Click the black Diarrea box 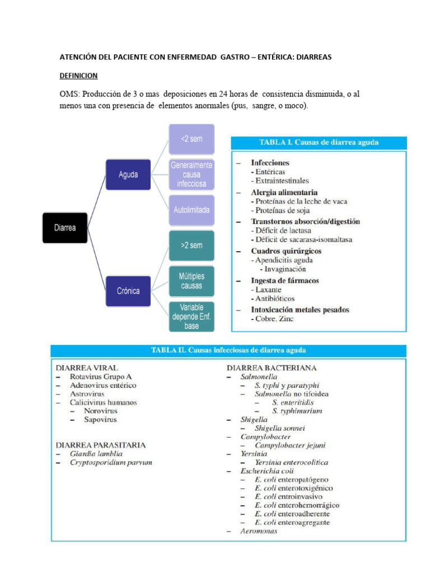pyautogui.click(x=65, y=228)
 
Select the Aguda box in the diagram pyautogui.click(x=128, y=175)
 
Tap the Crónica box pyautogui.click(x=128, y=291)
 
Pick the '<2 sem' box pyautogui.click(x=191, y=139)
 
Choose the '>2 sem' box pyautogui.click(x=191, y=245)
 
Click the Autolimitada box pyautogui.click(x=191, y=210)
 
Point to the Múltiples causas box pyautogui.click(x=191, y=281)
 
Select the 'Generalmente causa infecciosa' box pyautogui.click(x=191, y=175)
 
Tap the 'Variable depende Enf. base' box pyautogui.click(x=191, y=316)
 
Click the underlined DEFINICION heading pyautogui.click(x=78, y=76)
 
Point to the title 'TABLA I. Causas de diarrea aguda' pyautogui.click(x=319, y=143)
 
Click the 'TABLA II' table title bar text pyautogui.click(x=228, y=351)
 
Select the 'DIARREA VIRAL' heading pyautogui.click(x=87, y=368)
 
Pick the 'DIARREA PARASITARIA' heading pyautogui.click(x=101, y=445)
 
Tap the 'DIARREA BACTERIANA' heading pyautogui.click(x=272, y=368)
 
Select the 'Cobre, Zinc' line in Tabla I pyautogui.click(x=272, y=319)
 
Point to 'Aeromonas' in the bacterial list pyautogui.click(x=259, y=531)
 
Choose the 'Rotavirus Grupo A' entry pyautogui.click(x=101, y=377)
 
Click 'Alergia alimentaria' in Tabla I pyautogui.click(x=284, y=192)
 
